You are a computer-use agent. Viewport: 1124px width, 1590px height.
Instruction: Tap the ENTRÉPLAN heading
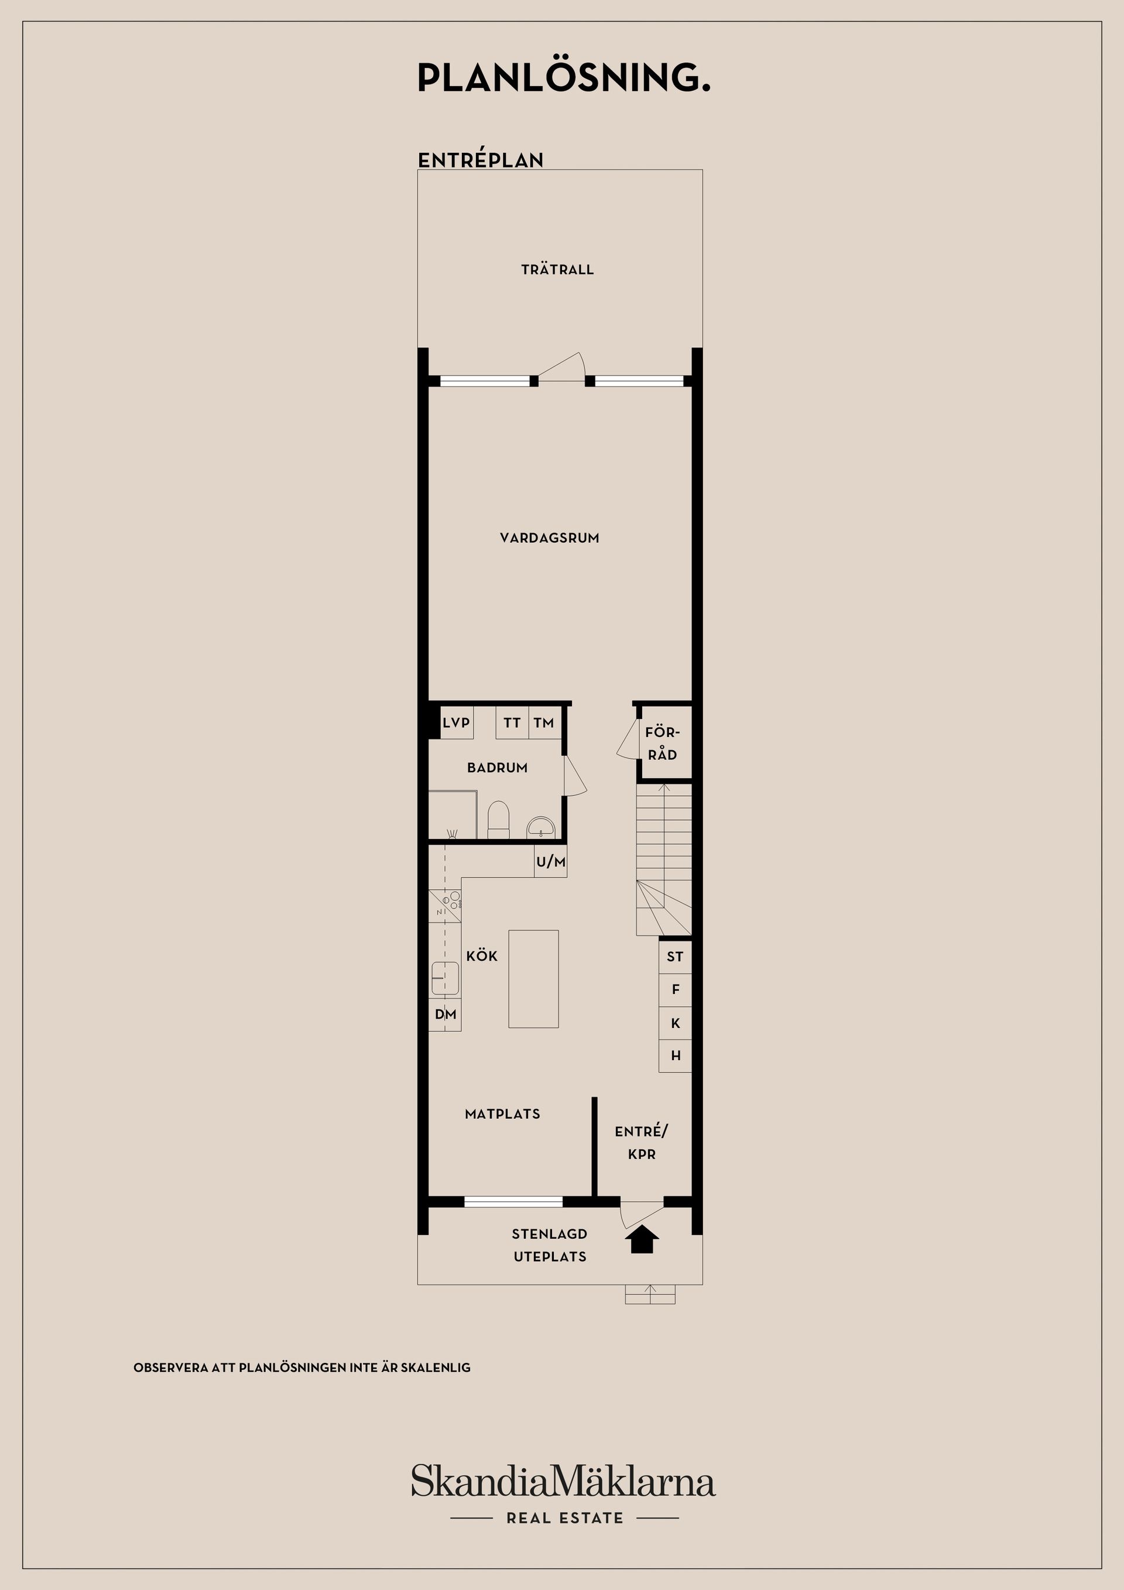[481, 160]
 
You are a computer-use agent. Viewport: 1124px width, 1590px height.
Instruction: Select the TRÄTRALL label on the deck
[557, 269]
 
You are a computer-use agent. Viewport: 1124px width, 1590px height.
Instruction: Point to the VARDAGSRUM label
[549, 537]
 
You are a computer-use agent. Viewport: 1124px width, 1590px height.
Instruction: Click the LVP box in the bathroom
[457, 723]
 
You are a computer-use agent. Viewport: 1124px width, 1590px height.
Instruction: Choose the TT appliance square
[512, 723]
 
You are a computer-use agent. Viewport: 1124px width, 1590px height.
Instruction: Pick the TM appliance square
[544, 723]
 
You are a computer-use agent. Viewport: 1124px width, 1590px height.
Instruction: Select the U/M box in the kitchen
[550, 862]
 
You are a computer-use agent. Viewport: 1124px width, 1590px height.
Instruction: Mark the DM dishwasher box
[446, 1015]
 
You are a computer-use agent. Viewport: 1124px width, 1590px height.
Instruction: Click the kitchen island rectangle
[533, 978]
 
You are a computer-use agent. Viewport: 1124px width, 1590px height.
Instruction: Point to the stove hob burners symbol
[454, 900]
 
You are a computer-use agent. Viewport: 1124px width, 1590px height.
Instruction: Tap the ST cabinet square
[675, 957]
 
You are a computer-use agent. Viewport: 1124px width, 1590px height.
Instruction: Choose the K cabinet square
[675, 1023]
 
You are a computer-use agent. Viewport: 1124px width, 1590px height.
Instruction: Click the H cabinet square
[675, 1056]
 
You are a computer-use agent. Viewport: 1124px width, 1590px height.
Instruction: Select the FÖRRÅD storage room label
[663, 743]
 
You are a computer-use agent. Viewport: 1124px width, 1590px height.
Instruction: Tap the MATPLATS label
[502, 1114]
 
